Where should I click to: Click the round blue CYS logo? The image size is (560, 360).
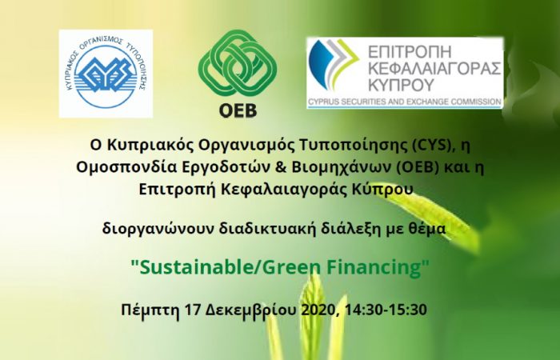tap(106, 74)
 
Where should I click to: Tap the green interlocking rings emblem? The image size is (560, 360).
tap(238, 62)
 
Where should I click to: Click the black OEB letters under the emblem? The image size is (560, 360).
tap(238, 110)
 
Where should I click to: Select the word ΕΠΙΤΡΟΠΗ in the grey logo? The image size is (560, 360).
tap(410, 52)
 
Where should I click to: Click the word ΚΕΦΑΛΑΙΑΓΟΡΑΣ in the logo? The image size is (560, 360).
tap(434, 69)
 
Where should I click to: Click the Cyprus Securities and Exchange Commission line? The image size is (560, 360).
tap(404, 102)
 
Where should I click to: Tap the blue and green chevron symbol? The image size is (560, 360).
tap(334, 64)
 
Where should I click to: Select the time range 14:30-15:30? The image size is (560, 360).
tap(386, 310)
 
